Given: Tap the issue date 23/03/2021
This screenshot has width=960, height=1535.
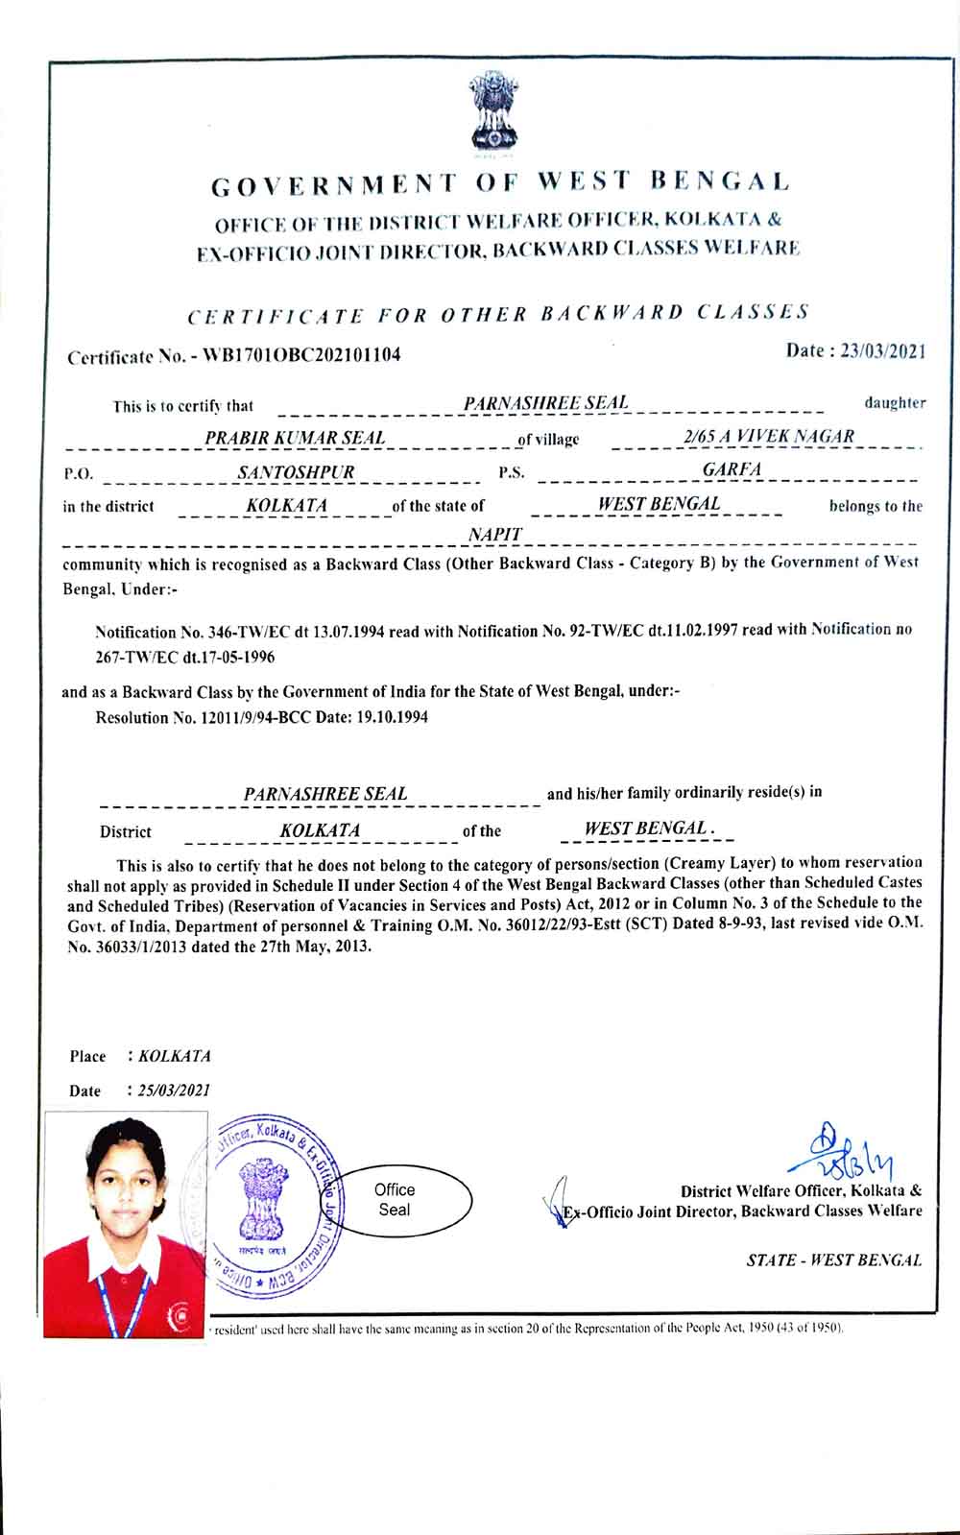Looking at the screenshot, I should [882, 351].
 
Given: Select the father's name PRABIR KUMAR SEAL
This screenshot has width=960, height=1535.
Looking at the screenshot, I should [295, 438].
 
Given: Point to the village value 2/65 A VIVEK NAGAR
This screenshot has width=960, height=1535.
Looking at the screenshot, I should [768, 436].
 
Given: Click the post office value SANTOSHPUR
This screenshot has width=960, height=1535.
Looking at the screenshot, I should [296, 471].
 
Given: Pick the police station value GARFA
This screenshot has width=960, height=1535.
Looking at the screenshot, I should [732, 469].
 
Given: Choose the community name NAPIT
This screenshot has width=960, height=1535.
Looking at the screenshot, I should [495, 534].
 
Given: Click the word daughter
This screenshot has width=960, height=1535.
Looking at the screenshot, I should [895, 403].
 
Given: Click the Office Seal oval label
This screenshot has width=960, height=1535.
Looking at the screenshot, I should [394, 1200].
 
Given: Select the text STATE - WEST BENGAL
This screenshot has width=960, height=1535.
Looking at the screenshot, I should [833, 1260].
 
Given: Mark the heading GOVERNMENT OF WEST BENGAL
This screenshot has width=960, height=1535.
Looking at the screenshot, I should [500, 181].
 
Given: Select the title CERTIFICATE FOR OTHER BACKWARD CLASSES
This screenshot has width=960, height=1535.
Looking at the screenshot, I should [497, 314].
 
